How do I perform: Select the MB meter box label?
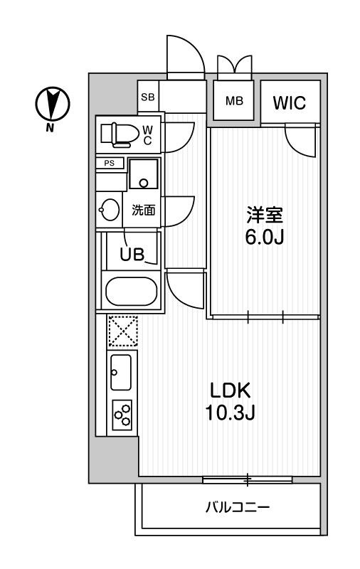coord(234,100)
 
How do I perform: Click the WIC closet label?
coord(289,102)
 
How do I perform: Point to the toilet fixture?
coord(117,132)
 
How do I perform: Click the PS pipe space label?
coord(110,163)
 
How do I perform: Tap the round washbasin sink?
coord(110,210)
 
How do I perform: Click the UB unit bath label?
coord(132,255)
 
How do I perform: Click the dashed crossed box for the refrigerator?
coord(122,332)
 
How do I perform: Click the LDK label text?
coord(229,390)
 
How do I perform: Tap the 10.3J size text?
coord(229,413)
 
